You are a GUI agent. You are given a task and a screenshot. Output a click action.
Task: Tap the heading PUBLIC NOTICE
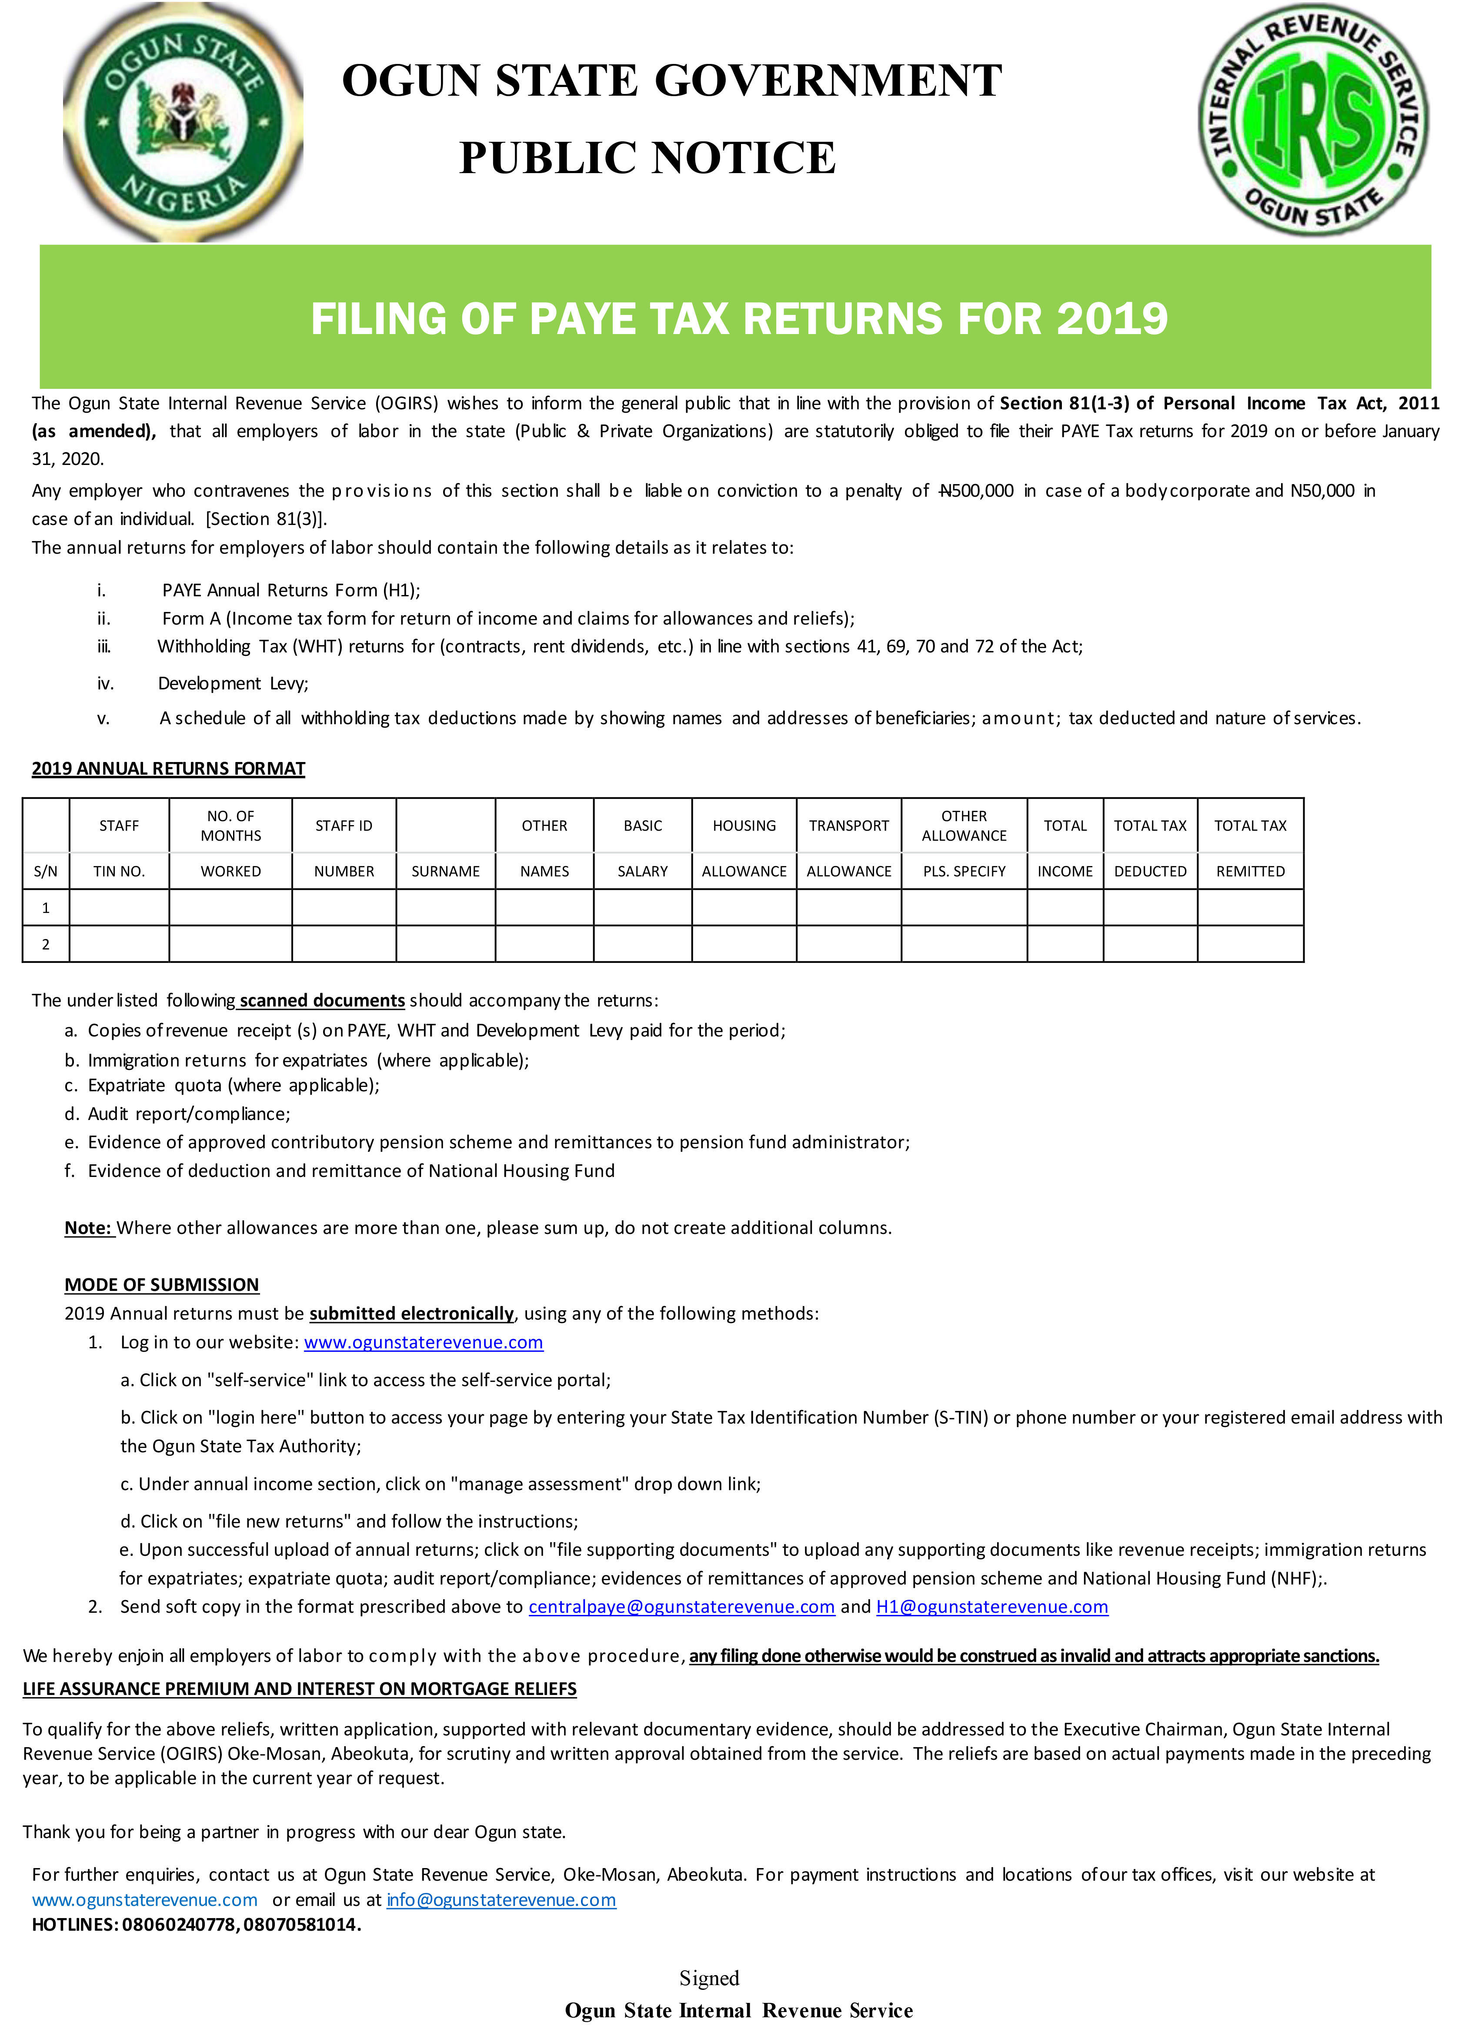(647, 158)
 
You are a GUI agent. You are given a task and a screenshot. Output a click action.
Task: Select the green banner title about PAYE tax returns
(739, 318)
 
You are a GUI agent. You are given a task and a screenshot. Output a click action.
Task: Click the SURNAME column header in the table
(445, 870)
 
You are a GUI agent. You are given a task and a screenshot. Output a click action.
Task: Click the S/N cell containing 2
(46, 944)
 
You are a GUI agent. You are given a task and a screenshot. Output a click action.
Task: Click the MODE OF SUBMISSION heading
(162, 1285)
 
